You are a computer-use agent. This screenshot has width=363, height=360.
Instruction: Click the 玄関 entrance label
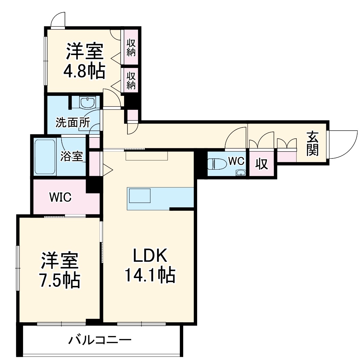pyautogui.click(x=312, y=143)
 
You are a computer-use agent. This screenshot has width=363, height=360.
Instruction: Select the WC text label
pyautogui.click(x=236, y=161)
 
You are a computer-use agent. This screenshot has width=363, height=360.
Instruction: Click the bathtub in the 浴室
pyautogui.click(x=45, y=157)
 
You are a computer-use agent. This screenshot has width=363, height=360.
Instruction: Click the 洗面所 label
pyautogui.click(x=72, y=122)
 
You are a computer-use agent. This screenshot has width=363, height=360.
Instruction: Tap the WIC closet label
pyautogui.click(x=60, y=197)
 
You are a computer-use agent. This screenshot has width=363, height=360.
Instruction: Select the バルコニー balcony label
pyautogui.click(x=100, y=340)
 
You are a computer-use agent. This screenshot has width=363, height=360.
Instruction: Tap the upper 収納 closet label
pyautogui.click(x=131, y=47)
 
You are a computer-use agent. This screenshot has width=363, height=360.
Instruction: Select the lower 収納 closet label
pyautogui.click(x=131, y=80)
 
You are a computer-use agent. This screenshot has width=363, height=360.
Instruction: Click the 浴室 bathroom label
pyautogui.click(x=71, y=157)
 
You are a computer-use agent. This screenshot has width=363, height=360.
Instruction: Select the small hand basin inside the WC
pyautogui.click(x=241, y=172)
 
